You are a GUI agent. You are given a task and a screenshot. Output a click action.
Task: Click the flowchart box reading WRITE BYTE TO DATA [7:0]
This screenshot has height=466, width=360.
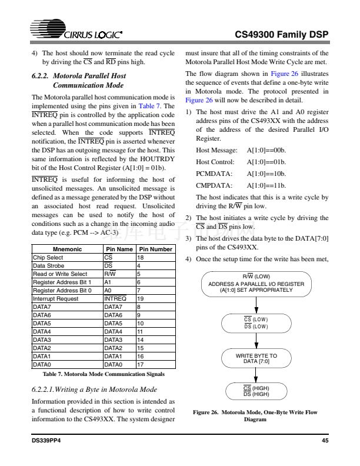(256, 359)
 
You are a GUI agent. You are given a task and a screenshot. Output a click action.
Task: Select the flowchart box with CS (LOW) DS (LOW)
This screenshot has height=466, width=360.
(256, 322)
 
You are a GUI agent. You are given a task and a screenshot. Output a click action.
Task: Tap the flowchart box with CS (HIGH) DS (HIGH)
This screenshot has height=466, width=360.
(256, 391)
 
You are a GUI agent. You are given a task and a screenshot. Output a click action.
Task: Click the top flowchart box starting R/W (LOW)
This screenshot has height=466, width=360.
(256, 283)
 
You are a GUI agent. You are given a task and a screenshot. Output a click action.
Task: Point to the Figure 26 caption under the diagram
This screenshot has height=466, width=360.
(255, 416)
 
